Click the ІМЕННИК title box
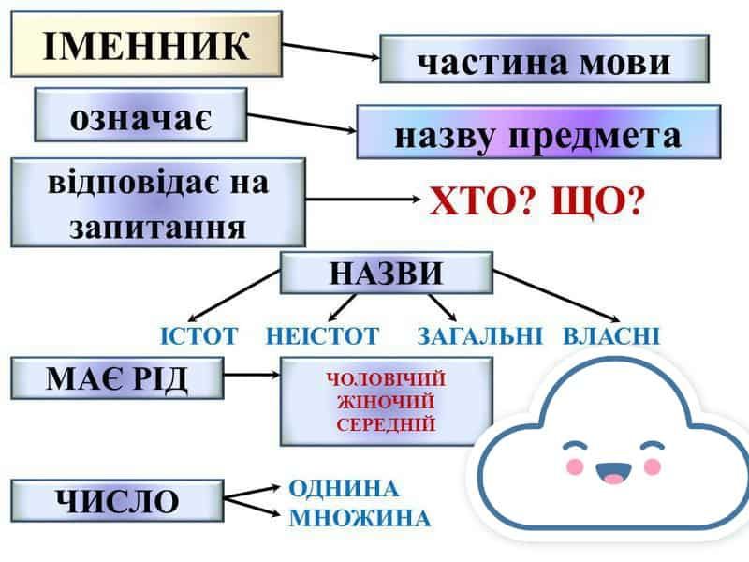[x=146, y=44]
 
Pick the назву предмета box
[x=537, y=133]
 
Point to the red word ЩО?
[x=598, y=200]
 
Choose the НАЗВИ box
[x=386, y=274]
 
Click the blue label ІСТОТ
[x=199, y=335]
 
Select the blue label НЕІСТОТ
[x=322, y=335]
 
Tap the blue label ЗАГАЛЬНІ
[x=479, y=335]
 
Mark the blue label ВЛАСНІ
[x=611, y=335]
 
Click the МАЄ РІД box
[x=117, y=378]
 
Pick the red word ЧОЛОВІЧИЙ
[x=386, y=380]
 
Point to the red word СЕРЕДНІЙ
[x=386, y=424]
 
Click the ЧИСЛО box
[x=117, y=501]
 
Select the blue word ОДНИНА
[x=344, y=489]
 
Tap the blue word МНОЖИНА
[x=360, y=518]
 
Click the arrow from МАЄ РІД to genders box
[x=253, y=377]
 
